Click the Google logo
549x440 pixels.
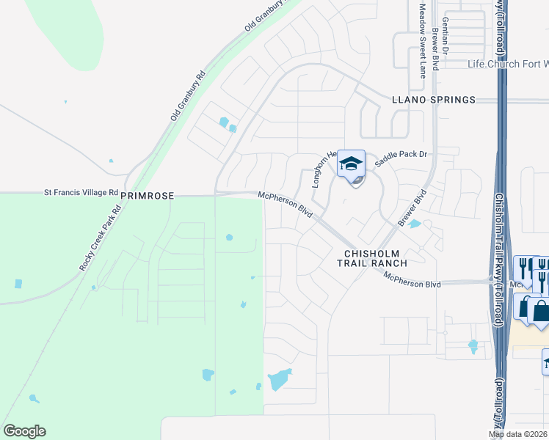coord(24,431)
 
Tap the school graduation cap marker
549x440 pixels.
coord(351,165)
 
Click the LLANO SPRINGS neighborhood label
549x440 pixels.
coord(433,100)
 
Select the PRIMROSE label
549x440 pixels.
coord(147,197)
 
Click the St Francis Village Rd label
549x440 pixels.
coord(81,192)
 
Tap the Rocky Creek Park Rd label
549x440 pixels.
coord(98,238)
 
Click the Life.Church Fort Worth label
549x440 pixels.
coord(508,64)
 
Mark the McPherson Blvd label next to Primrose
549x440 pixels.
coord(286,205)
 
